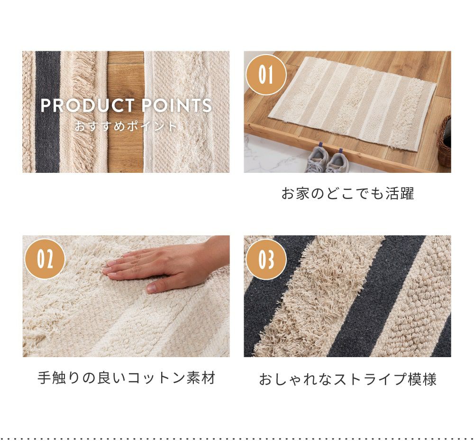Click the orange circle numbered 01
[x=266, y=75]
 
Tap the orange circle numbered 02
[x=45, y=259]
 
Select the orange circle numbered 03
[x=266, y=259]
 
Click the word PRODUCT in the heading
[x=87, y=105]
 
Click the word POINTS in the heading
[x=176, y=105]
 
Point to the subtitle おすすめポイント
[x=126, y=126]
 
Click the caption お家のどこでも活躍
[x=347, y=193]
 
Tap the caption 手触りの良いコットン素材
[x=127, y=378]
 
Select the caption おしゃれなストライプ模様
[x=347, y=379]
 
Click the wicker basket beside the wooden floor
[x=445, y=141]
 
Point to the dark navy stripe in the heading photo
[x=47, y=112]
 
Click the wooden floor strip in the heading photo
[x=126, y=112]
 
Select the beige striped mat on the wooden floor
[x=352, y=103]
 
